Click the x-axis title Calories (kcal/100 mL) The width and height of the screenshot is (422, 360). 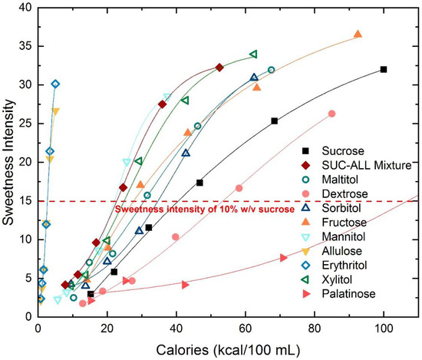point(229,348)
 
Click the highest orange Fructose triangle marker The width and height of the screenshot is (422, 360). point(358,34)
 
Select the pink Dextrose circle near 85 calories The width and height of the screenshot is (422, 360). point(332,114)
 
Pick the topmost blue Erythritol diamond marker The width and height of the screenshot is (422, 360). point(55,84)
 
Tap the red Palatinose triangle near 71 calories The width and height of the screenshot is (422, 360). point(284,257)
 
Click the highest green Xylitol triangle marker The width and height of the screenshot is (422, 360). point(254,54)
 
